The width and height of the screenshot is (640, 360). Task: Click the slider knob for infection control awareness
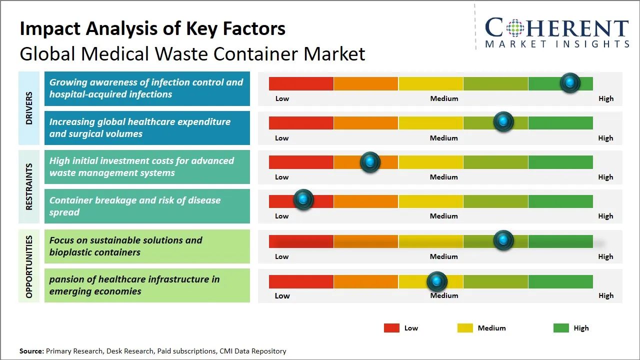[x=570, y=83]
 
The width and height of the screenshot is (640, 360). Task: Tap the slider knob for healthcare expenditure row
[x=503, y=122]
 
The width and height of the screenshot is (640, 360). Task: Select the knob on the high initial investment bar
[x=370, y=162]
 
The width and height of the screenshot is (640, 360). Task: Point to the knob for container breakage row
[x=303, y=200]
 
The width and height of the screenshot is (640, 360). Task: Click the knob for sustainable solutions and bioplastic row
[x=503, y=240]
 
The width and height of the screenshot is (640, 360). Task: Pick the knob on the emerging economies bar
[x=437, y=282]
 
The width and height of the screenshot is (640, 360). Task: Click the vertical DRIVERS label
[x=29, y=108]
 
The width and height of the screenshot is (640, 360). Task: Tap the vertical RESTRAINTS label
[x=29, y=186]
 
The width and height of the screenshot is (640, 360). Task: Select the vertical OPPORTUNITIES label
[x=29, y=266]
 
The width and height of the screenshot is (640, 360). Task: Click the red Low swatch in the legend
[x=391, y=328]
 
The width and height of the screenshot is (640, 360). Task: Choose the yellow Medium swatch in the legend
[x=465, y=328]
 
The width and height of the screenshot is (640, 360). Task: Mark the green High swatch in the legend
[x=561, y=328]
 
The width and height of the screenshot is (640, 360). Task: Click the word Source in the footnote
[x=31, y=351]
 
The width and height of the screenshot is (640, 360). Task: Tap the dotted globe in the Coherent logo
[x=514, y=28]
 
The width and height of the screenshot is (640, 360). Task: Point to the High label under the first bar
[x=606, y=98]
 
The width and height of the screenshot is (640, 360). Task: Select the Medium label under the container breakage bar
[x=444, y=216]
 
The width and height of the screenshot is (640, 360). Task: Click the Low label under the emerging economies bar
[x=282, y=295]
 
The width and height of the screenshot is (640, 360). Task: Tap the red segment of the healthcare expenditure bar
[x=301, y=123]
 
